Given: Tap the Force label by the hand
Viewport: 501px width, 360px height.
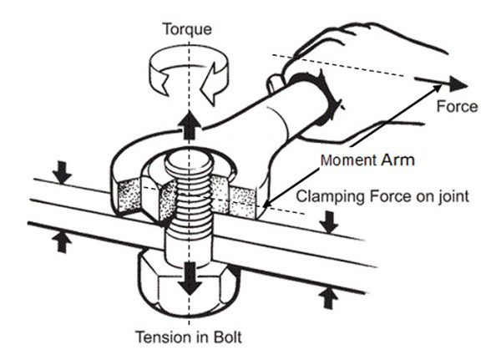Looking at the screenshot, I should click(x=457, y=106).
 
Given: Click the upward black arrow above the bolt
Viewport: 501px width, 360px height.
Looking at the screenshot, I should click(x=190, y=125).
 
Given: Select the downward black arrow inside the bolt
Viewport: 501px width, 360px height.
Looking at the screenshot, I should click(x=191, y=278).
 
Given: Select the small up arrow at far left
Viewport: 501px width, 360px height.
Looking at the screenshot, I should click(x=61, y=241).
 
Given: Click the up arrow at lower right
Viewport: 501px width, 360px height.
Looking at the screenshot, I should click(x=329, y=297).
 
